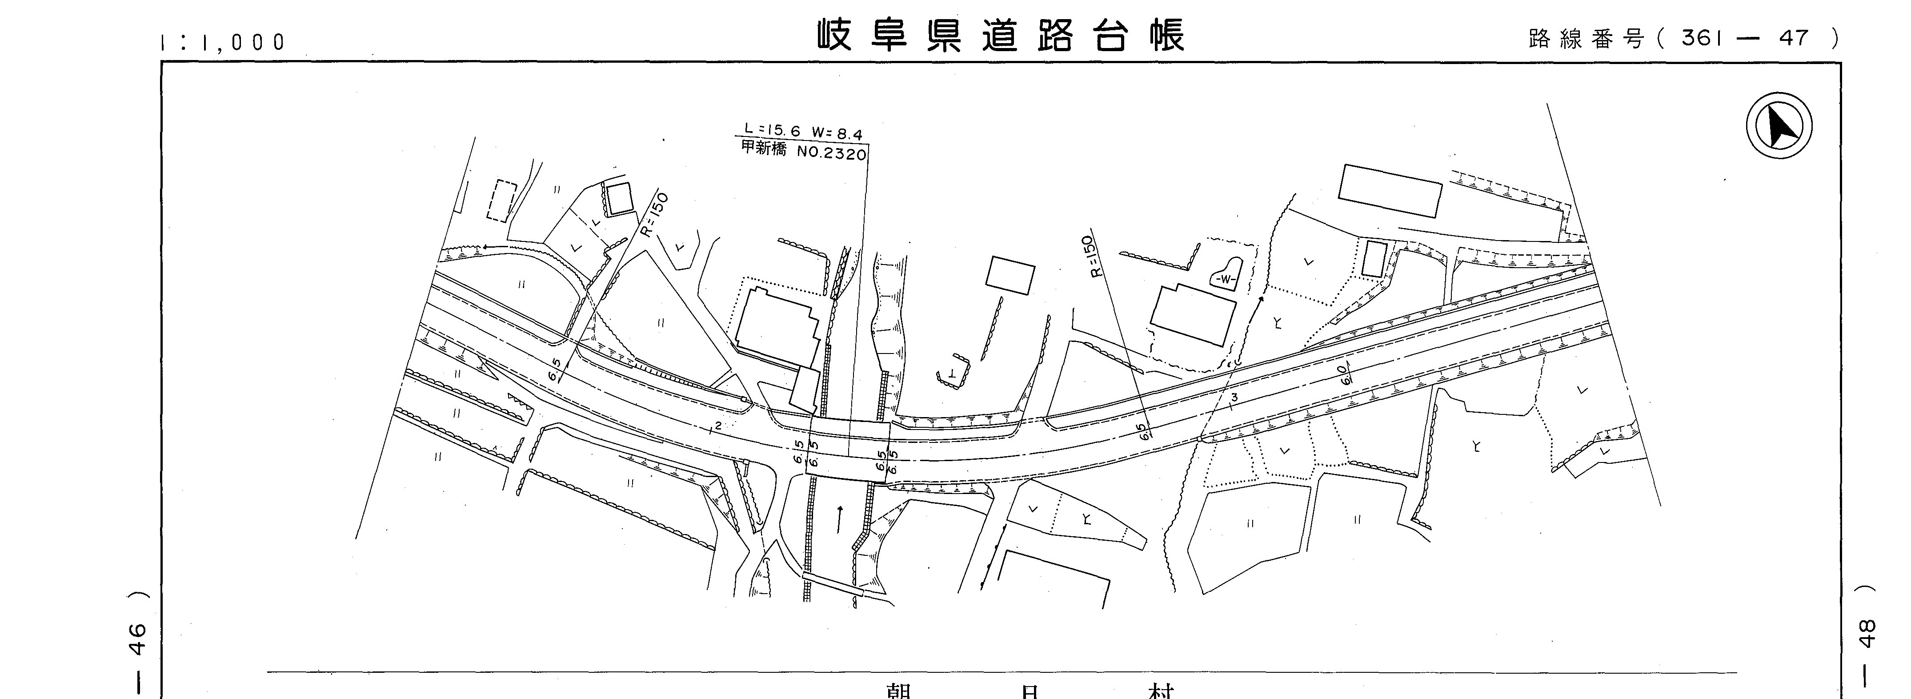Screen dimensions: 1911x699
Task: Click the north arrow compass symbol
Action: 1779,125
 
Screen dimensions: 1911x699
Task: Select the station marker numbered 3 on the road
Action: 1234,398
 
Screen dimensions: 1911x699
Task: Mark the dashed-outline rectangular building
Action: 501,201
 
